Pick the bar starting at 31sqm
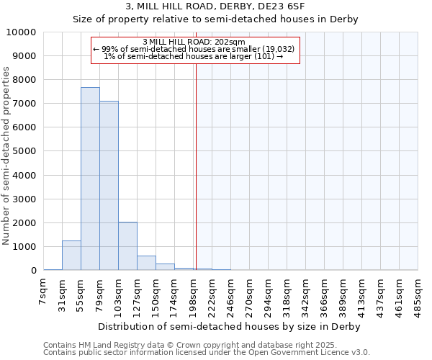coord(71,256)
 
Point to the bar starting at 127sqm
coord(146,263)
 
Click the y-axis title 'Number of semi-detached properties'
coord(7,156)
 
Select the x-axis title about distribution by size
coord(228,326)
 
